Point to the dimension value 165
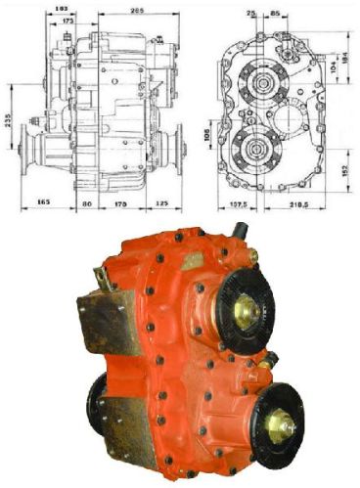click(x=43, y=203)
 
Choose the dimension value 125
click(x=160, y=203)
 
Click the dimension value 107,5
click(x=238, y=205)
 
